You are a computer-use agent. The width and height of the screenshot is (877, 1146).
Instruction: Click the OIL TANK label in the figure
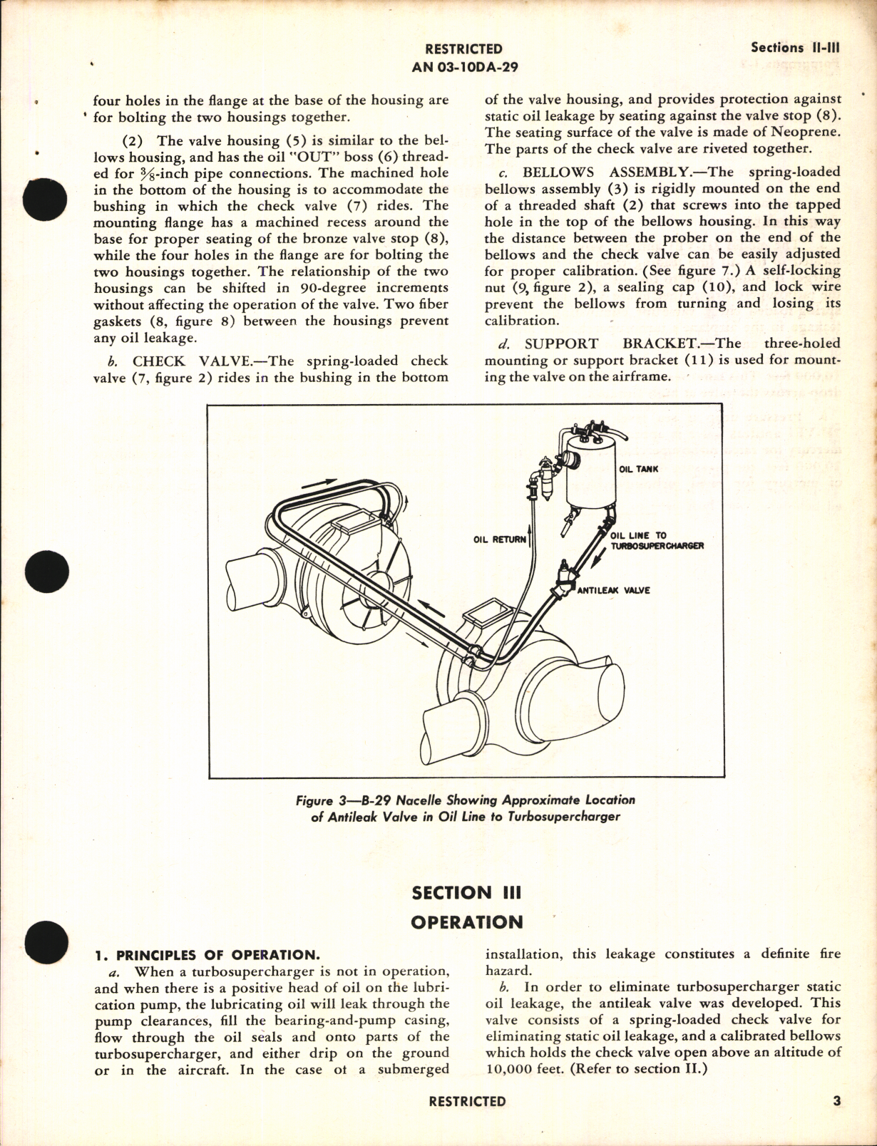coord(638,470)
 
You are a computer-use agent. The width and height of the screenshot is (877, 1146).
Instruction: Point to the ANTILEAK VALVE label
coord(613,590)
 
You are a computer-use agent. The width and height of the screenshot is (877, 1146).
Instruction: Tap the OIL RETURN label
coord(499,540)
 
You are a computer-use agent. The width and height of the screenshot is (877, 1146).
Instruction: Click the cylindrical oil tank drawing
coord(590,477)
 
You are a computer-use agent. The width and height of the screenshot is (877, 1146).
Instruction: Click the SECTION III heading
coord(467,892)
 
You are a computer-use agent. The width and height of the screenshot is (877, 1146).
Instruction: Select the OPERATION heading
coord(467,922)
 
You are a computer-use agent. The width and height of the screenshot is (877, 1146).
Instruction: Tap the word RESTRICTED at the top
coord(463,49)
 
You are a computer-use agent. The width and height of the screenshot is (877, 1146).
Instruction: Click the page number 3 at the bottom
coord(836,1101)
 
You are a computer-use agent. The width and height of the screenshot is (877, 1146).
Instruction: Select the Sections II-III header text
coord(796,48)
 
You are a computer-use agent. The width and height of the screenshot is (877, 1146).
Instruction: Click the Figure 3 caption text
coord(465,808)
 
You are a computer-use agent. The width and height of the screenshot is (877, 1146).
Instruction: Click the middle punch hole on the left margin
coord(45,572)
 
